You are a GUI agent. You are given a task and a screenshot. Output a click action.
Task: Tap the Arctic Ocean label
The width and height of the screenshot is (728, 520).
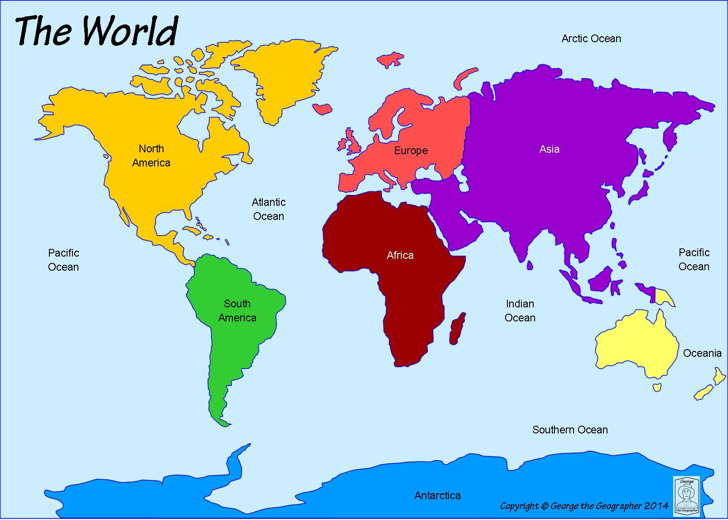pos(591,39)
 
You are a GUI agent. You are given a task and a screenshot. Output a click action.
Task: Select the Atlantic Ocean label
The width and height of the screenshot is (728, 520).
pos(269,209)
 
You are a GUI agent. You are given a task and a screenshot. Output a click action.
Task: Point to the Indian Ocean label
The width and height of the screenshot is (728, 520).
pos(520,311)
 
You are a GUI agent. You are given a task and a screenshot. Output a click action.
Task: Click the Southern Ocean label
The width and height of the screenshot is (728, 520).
pos(569,429)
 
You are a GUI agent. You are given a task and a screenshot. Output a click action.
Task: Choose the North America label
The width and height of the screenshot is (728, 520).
pos(151,156)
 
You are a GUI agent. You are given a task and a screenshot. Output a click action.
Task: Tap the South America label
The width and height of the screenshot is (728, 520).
pos(237,311)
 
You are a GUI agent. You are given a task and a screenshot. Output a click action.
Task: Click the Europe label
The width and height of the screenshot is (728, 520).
pos(410,151)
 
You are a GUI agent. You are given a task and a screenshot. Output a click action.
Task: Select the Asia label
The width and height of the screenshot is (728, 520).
pos(549,149)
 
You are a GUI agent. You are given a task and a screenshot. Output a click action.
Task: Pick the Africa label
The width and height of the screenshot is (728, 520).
pos(400,255)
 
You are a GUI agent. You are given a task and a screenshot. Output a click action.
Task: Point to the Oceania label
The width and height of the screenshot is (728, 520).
pos(702,353)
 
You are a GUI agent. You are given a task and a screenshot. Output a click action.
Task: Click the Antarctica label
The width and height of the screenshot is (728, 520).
pos(437,496)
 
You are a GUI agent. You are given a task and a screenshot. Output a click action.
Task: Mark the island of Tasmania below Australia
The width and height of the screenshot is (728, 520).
pos(657,387)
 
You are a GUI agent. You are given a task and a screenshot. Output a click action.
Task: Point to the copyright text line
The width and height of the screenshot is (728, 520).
pos(584,505)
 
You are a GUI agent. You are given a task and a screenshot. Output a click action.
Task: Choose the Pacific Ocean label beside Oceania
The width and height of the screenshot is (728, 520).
pos(694,259)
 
